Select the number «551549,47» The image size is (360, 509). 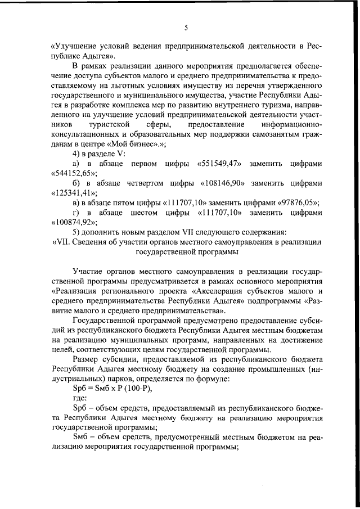pos(220,164)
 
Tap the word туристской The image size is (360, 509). pos(110,124)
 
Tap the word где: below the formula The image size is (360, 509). pos(81,400)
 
